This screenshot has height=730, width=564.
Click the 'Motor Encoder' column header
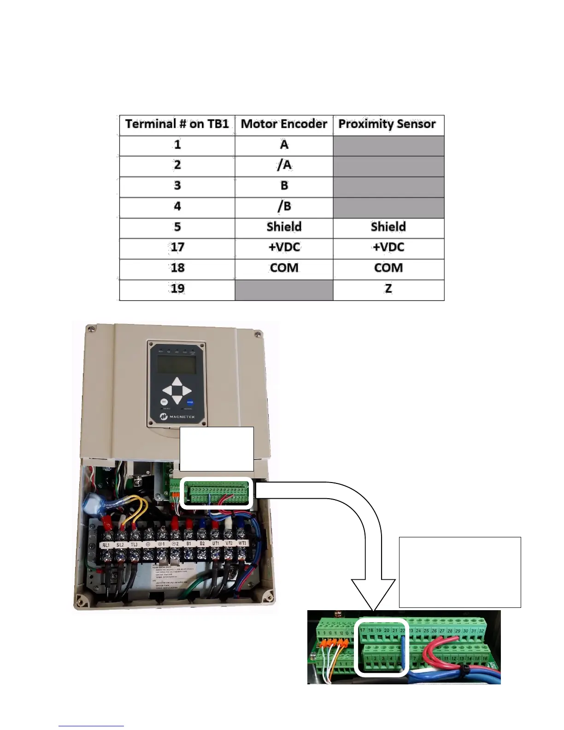[284, 124]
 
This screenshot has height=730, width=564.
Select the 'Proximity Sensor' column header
[387, 124]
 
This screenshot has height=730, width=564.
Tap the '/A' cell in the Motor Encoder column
[284, 165]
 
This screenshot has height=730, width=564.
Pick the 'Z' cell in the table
[388, 289]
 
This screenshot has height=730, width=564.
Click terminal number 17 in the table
[177, 247]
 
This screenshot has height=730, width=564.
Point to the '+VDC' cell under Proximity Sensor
[388, 247]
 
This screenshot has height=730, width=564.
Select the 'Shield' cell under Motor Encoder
[284, 227]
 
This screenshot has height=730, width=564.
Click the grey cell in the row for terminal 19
[284, 289]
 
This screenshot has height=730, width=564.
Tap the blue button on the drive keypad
[189, 402]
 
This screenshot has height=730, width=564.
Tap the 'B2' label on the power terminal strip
[202, 544]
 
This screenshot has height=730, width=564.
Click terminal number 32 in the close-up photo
[482, 630]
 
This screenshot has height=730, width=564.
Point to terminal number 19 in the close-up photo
[379, 630]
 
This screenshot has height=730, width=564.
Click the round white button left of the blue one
[164, 402]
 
